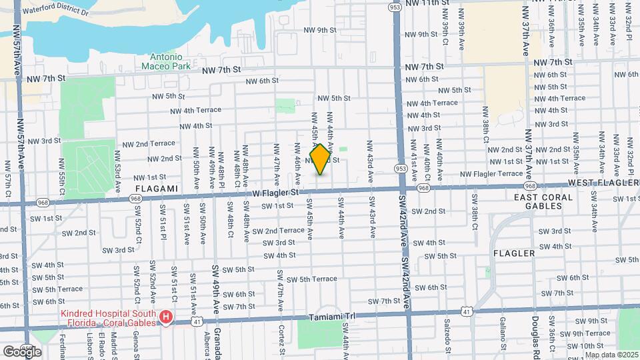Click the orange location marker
tap(320, 159)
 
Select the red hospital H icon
tap(165, 317)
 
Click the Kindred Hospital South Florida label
tap(108, 318)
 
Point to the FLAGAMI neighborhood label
tap(158, 189)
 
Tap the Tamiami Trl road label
tap(331, 319)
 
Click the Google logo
tap(22, 351)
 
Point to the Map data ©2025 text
tap(611, 354)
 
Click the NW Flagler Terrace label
tap(491, 173)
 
